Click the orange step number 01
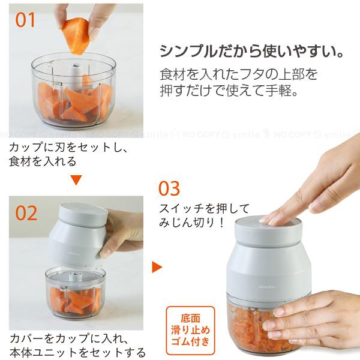pyautogui.click(x=25, y=20)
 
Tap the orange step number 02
pyautogui.click(x=26, y=213)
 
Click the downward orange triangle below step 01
pyautogui.click(x=76, y=180)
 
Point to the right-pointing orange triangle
pyautogui.click(x=157, y=266)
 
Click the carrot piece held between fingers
pyautogui.click(x=75, y=37)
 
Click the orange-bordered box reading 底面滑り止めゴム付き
pyautogui.click(x=190, y=331)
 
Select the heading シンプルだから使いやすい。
pyautogui.click(x=251, y=51)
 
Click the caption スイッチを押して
pyautogui.click(x=204, y=209)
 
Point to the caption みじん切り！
pyautogui.click(x=191, y=223)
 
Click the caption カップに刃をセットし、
pyautogui.click(x=68, y=147)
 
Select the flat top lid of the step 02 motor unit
pyautogui.click(x=83, y=210)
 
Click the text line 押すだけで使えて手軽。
pyautogui.click(x=229, y=90)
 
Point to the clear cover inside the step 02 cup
pyautogui.click(x=74, y=277)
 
